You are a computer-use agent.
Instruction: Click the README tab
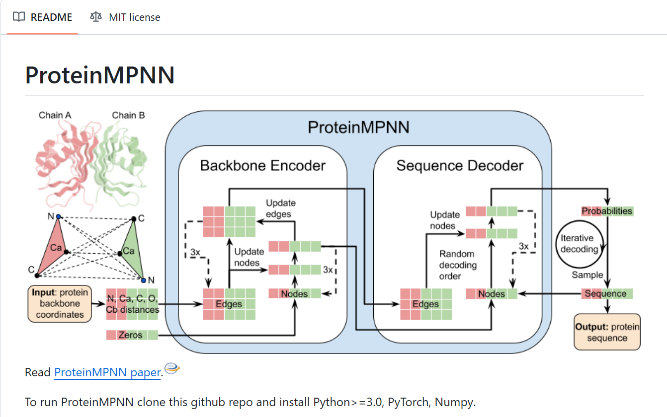click(43, 17)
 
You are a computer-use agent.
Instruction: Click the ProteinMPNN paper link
click(107, 372)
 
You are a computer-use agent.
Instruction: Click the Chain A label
click(55, 116)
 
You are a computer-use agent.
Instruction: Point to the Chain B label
click(128, 116)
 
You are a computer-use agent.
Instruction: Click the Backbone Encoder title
click(262, 166)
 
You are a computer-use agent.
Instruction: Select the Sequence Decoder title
click(460, 166)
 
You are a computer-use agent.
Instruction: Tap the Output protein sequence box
click(607, 332)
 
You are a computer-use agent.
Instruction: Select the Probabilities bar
click(607, 211)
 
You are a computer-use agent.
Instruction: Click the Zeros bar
click(132, 335)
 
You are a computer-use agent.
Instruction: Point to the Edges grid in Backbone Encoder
click(229, 304)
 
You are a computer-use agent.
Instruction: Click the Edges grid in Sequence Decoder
click(426, 304)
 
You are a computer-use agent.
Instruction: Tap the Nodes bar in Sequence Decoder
click(491, 294)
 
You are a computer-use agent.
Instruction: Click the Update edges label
click(281, 208)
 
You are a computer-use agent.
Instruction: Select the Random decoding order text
click(457, 265)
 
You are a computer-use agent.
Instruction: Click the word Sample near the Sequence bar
click(587, 275)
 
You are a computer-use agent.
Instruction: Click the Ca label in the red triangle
click(56, 248)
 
